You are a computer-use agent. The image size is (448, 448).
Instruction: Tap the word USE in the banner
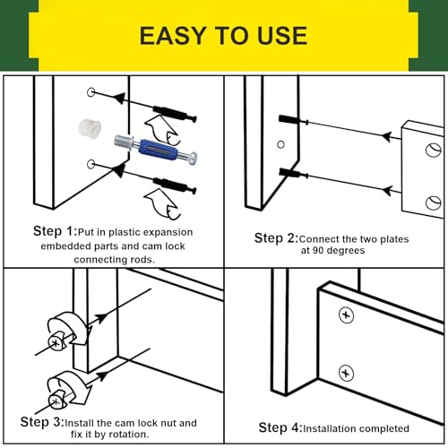(x=282, y=36)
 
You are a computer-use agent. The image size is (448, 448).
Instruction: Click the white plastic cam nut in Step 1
(x=90, y=128)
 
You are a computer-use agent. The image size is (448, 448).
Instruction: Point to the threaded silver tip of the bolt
(x=124, y=141)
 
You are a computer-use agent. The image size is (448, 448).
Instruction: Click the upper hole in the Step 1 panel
(x=91, y=92)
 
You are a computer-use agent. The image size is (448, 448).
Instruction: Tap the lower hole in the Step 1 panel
(x=91, y=164)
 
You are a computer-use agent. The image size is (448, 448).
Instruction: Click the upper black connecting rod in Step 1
(x=175, y=114)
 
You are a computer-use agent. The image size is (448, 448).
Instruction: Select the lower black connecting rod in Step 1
(x=175, y=185)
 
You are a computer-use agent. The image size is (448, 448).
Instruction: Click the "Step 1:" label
(x=55, y=231)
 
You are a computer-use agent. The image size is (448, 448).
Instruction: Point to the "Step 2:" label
(x=276, y=238)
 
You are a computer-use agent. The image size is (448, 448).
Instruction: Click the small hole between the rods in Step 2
(x=280, y=144)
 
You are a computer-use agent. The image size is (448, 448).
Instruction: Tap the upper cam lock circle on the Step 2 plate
(x=434, y=150)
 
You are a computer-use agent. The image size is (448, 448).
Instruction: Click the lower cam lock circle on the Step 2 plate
(x=434, y=202)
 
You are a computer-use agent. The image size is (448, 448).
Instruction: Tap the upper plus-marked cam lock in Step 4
(x=346, y=315)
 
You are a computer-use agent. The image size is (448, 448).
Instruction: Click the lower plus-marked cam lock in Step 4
(x=346, y=374)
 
